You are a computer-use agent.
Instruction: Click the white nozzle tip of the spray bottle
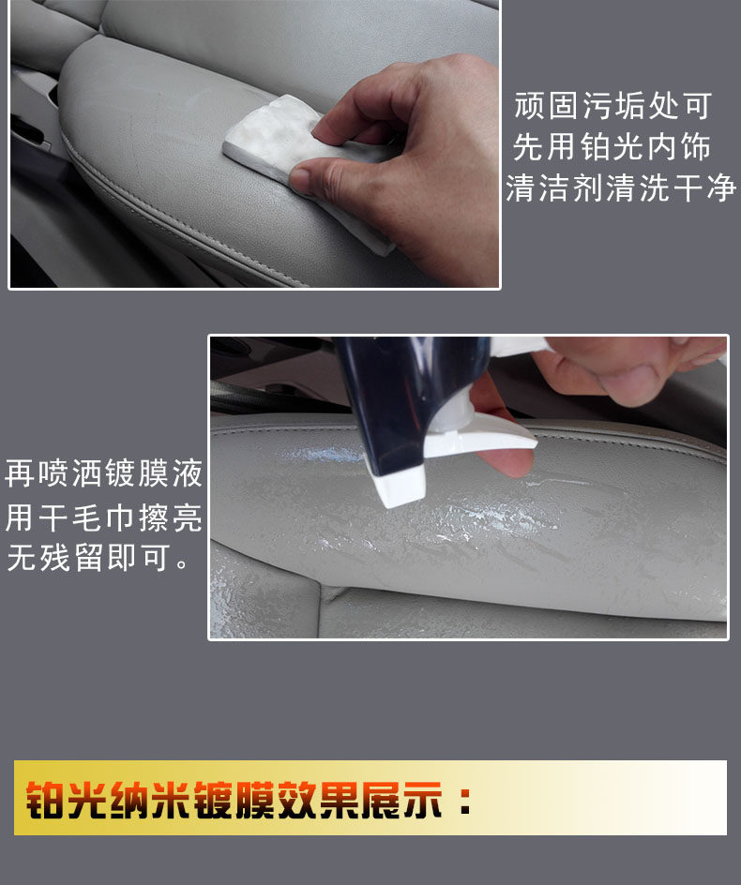[x=400, y=487]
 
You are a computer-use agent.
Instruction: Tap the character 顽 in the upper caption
[x=529, y=106]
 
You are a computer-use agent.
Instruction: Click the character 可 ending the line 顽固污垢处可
[x=696, y=106]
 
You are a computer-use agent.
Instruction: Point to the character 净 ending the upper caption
[x=720, y=187]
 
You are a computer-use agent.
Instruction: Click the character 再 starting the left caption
[x=21, y=473]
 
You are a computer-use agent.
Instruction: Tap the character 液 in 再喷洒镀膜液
[x=188, y=473]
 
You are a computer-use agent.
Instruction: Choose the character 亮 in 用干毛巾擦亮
[x=188, y=517]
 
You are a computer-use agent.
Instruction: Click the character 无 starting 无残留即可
[x=22, y=558]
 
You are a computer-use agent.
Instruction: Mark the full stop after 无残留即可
[x=182, y=564]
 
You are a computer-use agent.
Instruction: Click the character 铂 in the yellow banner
[x=46, y=800]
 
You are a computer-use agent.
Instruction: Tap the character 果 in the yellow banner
[x=340, y=800]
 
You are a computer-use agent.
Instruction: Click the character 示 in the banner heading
[x=422, y=800]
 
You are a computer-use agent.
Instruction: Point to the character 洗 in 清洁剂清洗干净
[x=654, y=187]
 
